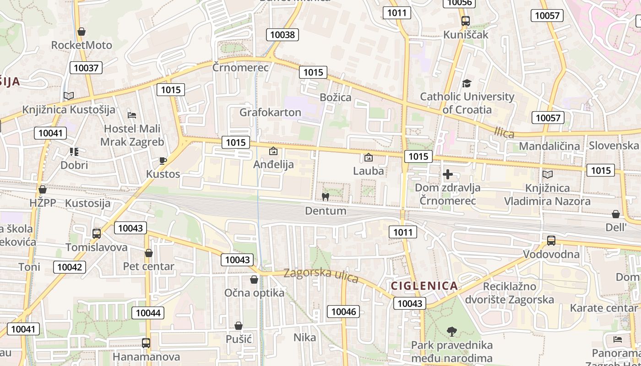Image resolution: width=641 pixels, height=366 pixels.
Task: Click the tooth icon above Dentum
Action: pos(326,197)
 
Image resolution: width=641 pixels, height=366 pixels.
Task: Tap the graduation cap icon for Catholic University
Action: pos(467,83)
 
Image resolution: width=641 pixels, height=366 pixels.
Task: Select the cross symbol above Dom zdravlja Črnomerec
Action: pos(448,174)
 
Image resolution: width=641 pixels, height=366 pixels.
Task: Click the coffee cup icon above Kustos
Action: pos(163,161)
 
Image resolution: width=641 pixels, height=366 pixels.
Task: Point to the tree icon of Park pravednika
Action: pos(452,331)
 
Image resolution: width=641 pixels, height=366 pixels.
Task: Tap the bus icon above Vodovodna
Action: pos(551,241)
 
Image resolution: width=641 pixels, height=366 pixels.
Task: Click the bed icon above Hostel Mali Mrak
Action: pos(132,115)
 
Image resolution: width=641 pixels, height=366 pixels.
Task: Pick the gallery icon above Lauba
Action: pos(368,158)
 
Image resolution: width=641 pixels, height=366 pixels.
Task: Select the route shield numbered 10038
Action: pos(283,35)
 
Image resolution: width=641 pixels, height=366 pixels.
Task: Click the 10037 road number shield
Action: pos(86,68)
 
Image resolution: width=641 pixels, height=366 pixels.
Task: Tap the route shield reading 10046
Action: pos(343,312)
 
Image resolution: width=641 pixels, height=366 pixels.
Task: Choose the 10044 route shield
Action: pos(148,313)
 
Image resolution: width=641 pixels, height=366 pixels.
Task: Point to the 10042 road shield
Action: pos(70,267)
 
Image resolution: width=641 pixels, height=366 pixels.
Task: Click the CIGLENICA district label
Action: pos(424,286)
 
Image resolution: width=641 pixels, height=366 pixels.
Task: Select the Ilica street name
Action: pos(504,133)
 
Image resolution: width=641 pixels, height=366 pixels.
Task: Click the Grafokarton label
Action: pos(270,112)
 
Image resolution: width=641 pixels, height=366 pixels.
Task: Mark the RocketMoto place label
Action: pos(81,45)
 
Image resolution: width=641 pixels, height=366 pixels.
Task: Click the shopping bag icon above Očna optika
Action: pos(254,280)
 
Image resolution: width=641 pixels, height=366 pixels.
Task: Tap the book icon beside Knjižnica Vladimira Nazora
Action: pos(547,174)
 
